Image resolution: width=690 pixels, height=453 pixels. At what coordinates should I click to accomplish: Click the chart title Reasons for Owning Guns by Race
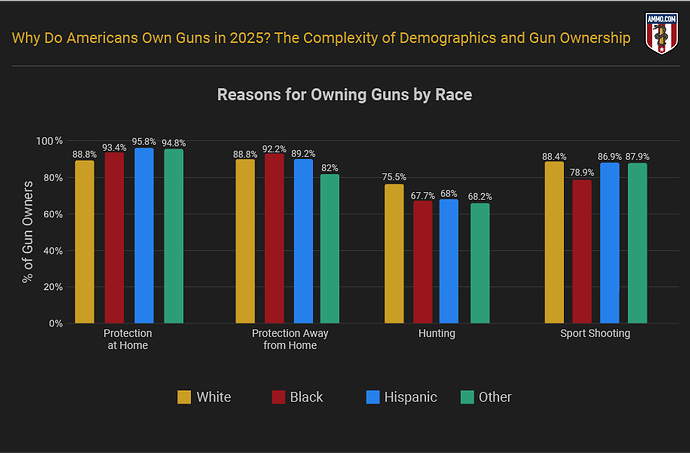click(345, 95)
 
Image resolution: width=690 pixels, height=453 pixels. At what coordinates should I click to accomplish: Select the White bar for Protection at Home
click(85, 241)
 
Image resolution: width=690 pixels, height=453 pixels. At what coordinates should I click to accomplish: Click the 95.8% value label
click(144, 141)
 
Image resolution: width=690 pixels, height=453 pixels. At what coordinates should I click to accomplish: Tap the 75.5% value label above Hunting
click(394, 177)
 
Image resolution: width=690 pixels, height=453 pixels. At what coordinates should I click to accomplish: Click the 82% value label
click(330, 167)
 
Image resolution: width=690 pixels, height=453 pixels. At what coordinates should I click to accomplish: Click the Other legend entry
click(485, 397)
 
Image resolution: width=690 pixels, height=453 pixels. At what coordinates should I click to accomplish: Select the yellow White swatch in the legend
click(184, 397)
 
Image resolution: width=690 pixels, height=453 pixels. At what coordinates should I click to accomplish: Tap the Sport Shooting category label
click(596, 333)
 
